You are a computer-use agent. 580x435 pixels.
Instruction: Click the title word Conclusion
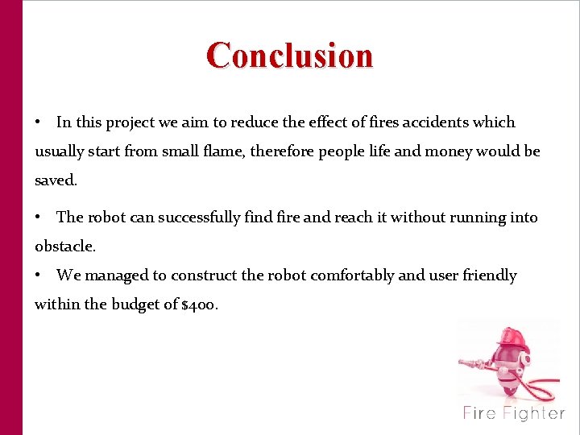click(x=290, y=56)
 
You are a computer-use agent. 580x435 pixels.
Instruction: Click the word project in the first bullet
click(x=131, y=123)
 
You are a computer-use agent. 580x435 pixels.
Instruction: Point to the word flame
click(x=266, y=151)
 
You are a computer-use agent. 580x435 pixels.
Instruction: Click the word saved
click(x=56, y=180)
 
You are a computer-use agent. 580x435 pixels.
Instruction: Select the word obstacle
click(x=64, y=246)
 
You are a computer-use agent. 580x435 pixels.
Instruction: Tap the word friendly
click(x=489, y=275)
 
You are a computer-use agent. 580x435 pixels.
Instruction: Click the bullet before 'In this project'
click(x=39, y=123)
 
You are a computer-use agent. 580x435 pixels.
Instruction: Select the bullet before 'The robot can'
click(x=39, y=218)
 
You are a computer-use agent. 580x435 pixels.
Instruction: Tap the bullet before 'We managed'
click(x=39, y=276)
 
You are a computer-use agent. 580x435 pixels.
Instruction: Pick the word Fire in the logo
click(x=479, y=413)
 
